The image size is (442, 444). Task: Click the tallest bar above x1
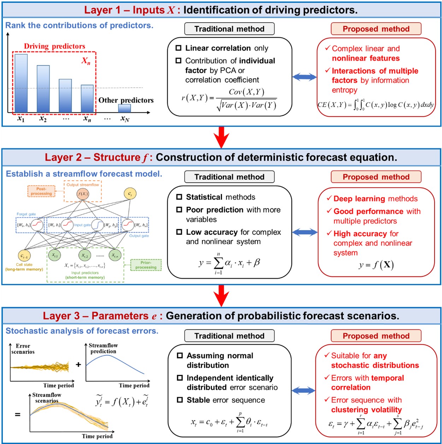coord(21,83)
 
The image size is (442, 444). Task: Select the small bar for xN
coord(124,108)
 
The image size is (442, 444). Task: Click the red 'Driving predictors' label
coord(54,46)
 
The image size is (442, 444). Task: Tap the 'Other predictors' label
coord(126,100)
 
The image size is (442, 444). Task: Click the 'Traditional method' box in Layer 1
coord(229,29)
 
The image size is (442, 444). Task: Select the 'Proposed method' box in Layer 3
coord(376,336)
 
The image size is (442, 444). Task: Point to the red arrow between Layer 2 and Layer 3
coord(222,296)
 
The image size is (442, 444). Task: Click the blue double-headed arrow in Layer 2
coord(305,232)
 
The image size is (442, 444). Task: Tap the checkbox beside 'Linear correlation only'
coord(179,48)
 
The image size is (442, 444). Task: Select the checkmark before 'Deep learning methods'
coord(329,198)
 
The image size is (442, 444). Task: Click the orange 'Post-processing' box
coord(41,191)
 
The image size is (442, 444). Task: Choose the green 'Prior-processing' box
coord(146,265)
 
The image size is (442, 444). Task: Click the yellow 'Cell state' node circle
coord(24,256)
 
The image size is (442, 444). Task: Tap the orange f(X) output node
coord(83,194)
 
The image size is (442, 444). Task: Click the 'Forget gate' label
coord(26,214)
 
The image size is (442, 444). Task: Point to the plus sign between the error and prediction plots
coord(78,364)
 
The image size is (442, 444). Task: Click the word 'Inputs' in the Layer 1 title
coord(149,10)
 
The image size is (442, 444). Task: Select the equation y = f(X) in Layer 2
coord(376,265)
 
